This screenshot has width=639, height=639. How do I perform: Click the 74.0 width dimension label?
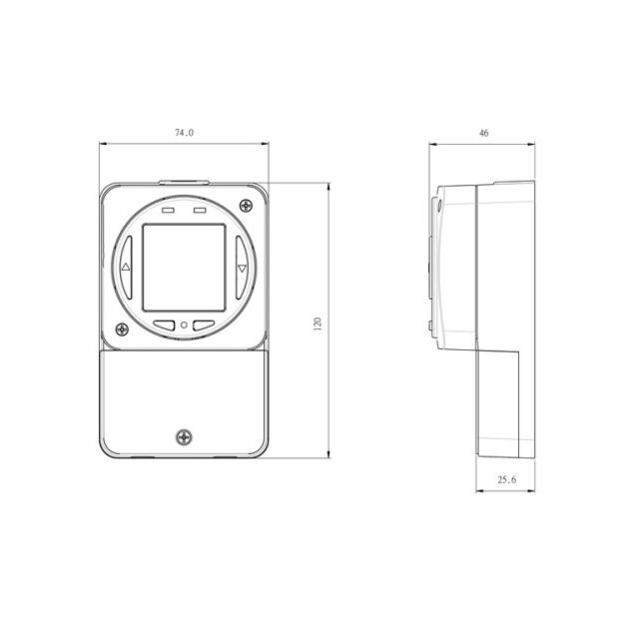(184, 133)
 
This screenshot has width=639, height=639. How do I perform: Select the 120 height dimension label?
(318, 323)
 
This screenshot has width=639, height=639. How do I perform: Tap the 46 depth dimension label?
(483, 133)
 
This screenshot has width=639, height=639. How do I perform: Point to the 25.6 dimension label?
(506, 479)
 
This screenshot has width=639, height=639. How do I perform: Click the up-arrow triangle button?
(127, 268)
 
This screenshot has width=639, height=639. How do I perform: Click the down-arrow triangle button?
(242, 268)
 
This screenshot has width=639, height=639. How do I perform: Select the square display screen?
(184, 268)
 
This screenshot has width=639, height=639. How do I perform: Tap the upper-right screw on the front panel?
(246, 206)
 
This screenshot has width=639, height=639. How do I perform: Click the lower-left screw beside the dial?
(122, 329)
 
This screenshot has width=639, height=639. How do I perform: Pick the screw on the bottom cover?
(184, 437)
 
